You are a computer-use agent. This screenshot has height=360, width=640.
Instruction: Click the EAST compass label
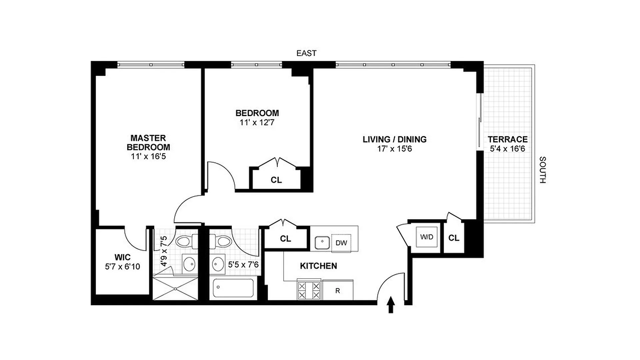[x=306, y=53]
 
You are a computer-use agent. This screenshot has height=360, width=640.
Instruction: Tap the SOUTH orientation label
[x=542, y=170]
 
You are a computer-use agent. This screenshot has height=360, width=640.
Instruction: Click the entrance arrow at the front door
[x=391, y=305]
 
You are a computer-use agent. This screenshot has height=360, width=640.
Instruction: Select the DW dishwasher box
[x=341, y=243]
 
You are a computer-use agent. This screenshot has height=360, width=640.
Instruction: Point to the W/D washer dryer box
[x=427, y=237]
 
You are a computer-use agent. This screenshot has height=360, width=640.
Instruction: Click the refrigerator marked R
[x=338, y=290]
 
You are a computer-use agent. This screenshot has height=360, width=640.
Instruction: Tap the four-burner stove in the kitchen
[x=309, y=290]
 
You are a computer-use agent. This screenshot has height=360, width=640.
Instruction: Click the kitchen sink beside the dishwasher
[x=322, y=241]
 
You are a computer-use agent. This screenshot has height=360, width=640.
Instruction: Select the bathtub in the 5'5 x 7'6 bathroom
[x=233, y=288]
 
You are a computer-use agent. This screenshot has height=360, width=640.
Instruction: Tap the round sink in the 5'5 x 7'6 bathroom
[x=218, y=264]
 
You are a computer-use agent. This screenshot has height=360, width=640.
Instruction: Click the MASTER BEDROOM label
[x=148, y=143]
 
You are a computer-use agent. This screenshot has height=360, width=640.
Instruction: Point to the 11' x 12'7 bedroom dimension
[x=257, y=122]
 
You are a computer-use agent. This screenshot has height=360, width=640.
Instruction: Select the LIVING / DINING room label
[x=394, y=139]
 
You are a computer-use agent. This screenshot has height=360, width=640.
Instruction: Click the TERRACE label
[x=507, y=139]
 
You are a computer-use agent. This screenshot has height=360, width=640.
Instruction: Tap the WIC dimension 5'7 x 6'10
[x=122, y=266]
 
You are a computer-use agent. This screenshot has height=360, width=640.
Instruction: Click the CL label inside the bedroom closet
[x=276, y=180]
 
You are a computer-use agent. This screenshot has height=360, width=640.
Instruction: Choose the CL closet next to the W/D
[x=454, y=238]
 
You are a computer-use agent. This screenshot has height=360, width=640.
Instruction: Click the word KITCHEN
[x=318, y=266]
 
